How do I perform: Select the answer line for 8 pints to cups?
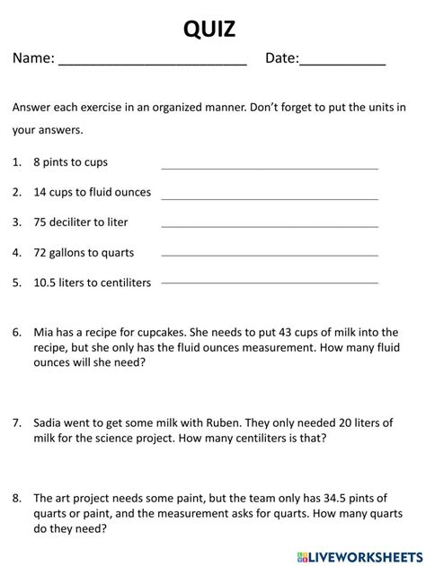(x=269, y=168)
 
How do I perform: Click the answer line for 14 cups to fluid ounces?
(x=269, y=198)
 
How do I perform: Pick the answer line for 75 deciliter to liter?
(x=269, y=228)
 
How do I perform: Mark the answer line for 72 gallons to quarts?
(x=269, y=257)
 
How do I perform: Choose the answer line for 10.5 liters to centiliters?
(x=269, y=283)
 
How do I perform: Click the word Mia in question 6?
(x=44, y=331)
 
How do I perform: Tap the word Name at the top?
(x=32, y=58)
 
